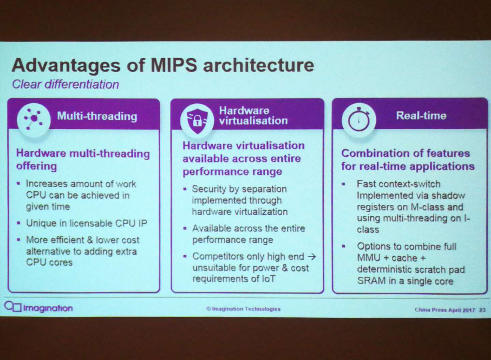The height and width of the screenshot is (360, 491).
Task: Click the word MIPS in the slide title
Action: click(x=174, y=65)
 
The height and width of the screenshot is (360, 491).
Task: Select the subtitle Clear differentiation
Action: click(x=65, y=84)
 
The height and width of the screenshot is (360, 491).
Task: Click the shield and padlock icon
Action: click(x=197, y=121)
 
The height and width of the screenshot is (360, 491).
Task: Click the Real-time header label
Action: click(x=421, y=116)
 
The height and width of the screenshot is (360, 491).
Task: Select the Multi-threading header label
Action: click(x=97, y=116)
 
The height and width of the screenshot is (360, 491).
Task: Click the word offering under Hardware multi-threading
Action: click(x=36, y=166)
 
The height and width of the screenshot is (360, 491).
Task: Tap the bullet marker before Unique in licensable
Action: click(x=19, y=223)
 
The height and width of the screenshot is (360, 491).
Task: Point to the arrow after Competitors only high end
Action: click(x=312, y=256)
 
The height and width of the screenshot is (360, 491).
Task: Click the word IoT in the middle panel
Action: click(x=268, y=279)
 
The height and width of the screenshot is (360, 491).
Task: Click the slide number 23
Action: click(x=482, y=310)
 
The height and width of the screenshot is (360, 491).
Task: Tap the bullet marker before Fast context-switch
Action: click(x=343, y=184)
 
